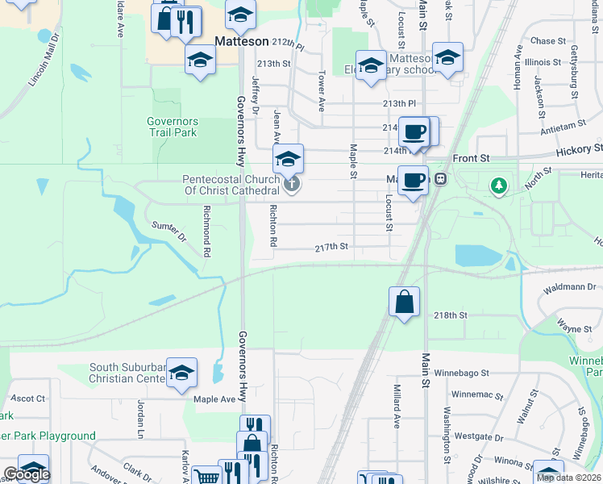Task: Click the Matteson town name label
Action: (x=242, y=40)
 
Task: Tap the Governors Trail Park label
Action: (x=173, y=127)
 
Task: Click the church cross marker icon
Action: (x=293, y=186)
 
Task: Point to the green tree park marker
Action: (x=500, y=186)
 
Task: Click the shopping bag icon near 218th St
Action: (x=404, y=302)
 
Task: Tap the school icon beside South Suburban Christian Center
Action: (x=182, y=372)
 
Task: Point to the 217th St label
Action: (x=331, y=247)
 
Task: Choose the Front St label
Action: (x=468, y=159)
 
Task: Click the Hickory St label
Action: (x=579, y=150)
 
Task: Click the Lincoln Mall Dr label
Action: (x=44, y=60)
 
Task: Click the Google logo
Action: (x=27, y=474)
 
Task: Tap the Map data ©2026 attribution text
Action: (x=568, y=478)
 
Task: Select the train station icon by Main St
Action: (x=441, y=179)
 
